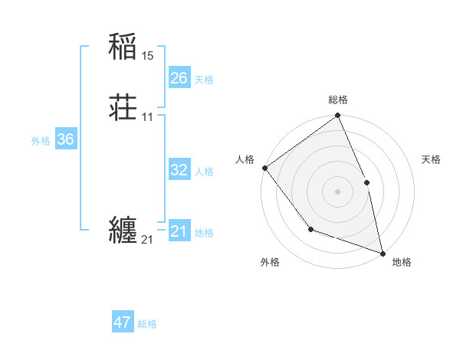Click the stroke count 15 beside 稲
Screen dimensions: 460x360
148,56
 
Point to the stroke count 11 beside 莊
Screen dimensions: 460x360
148,117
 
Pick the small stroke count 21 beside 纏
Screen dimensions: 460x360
147,240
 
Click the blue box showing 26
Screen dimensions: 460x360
179,78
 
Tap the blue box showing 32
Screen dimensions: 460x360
179,170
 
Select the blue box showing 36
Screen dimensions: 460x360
65,139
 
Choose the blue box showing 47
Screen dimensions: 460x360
123,322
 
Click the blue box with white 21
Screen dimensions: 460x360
179,231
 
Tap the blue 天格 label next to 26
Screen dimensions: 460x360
204,80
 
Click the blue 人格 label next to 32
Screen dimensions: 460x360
204,172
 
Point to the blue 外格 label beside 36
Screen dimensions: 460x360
41,141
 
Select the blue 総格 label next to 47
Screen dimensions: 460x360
147,324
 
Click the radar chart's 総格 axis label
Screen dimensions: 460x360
338,100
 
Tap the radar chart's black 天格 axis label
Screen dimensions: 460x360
432,159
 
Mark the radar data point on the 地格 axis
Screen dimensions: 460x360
383,253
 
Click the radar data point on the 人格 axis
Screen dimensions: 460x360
264,168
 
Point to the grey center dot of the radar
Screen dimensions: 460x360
338,191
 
